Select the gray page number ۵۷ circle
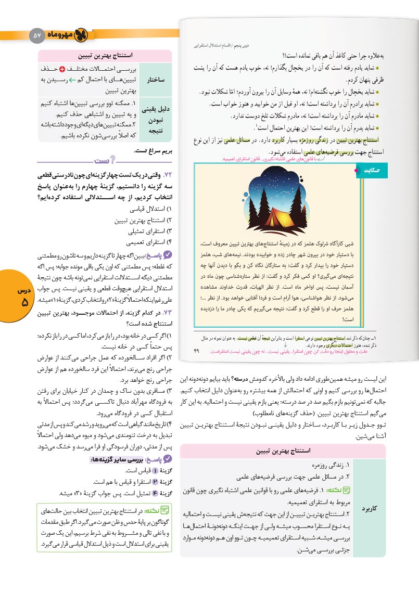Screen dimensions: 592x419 pos(36,35)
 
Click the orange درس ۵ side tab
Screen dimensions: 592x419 pos(19,299)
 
